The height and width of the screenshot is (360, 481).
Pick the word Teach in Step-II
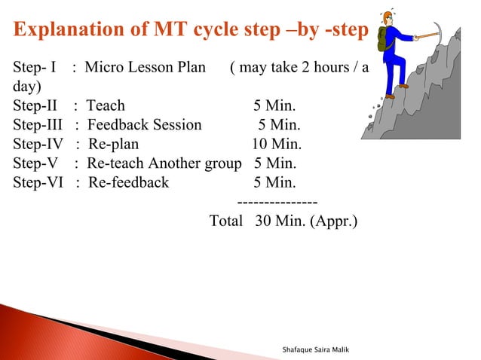point(106,105)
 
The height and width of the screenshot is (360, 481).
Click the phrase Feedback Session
point(145,124)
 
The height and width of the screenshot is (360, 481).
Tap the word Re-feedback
point(128,182)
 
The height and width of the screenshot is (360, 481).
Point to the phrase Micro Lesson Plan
point(145,67)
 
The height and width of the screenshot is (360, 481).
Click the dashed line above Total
point(277,202)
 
